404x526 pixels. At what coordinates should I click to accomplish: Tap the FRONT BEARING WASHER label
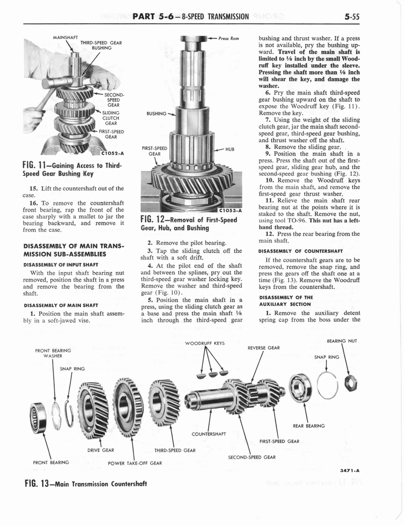[53, 353]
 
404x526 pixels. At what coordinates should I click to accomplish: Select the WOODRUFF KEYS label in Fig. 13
[205, 343]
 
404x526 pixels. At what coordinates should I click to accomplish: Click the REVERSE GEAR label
[264, 348]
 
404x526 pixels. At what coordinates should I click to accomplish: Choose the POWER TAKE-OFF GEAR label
[134, 462]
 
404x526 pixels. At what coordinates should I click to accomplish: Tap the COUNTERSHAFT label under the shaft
[209, 434]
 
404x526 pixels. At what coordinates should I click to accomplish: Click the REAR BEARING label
[309, 425]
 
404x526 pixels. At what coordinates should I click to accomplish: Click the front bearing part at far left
[38, 411]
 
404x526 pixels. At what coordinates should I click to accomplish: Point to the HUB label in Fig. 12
[230, 149]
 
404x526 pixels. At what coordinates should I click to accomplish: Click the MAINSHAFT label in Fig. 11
[65, 37]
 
